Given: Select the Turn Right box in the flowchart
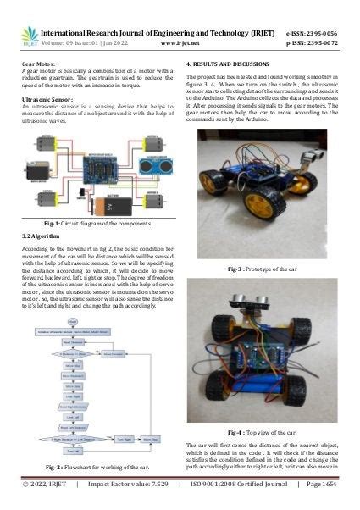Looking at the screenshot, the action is coord(125,440).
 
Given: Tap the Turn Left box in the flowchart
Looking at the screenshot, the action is coord(73,452).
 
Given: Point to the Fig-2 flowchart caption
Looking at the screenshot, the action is coord(91,468).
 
